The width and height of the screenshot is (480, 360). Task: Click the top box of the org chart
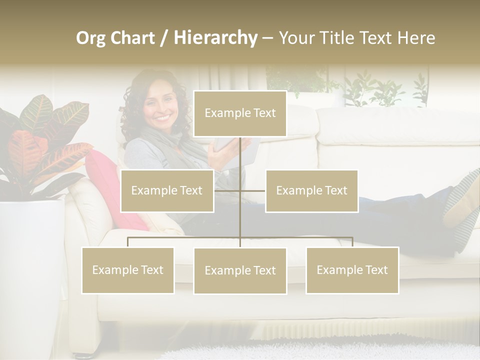(x=240, y=113)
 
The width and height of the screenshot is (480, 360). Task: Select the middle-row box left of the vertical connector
(x=167, y=190)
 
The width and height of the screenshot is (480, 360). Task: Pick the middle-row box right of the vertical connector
(x=311, y=190)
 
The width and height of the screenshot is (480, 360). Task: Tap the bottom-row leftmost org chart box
(x=127, y=270)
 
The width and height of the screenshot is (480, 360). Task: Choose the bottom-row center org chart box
(x=240, y=270)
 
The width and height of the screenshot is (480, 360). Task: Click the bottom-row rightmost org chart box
(x=352, y=270)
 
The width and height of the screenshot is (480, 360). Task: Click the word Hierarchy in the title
(x=215, y=38)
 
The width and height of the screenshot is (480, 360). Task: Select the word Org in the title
(x=91, y=38)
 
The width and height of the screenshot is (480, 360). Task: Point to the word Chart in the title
(x=133, y=38)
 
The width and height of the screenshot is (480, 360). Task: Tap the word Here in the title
(x=416, y=38)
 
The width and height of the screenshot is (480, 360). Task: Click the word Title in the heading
(x=340, y=38)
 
